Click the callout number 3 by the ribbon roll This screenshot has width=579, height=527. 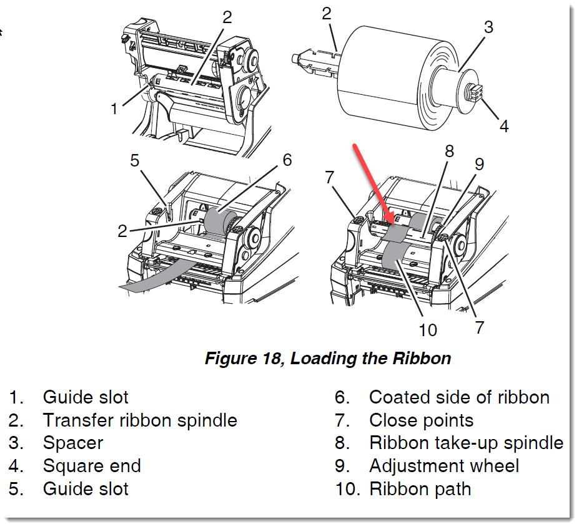pyautogui.click(x=488, y=27)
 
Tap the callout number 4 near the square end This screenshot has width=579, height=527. pyautogui.click(x=503, y=125)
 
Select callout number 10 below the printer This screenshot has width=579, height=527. pyautogui.click(x=428, y=329)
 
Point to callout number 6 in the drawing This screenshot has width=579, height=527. pyautogui.click(x=287, y=160)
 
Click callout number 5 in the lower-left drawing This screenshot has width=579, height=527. pyautogui.click(x=135, y=161)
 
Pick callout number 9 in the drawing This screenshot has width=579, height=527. pyautogui.click(x=479, y=164)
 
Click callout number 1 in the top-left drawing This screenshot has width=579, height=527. pyautogui.click(x=114, y=109)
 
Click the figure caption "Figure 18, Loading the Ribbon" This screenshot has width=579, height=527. pyautogui.click(x=328, y=359)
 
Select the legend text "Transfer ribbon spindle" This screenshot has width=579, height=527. pyautogui.click(x=140, y=420)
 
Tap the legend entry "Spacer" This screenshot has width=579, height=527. pyautogui.click(x=73, y=443)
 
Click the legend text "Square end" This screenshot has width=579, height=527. pyautogui.click(x=92, y=465)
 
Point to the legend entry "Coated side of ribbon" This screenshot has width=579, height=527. pyautogui.click(x=459, y=397)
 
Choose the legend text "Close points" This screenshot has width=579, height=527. pyautogui.click(x=421, y=420)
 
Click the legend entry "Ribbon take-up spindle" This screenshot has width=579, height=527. pyautogui.click(x=466, y=443)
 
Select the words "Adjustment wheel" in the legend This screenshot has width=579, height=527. pyautogui.click(x=444, y=465)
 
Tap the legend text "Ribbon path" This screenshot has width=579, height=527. pyautogui.click(x=420, y=488)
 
